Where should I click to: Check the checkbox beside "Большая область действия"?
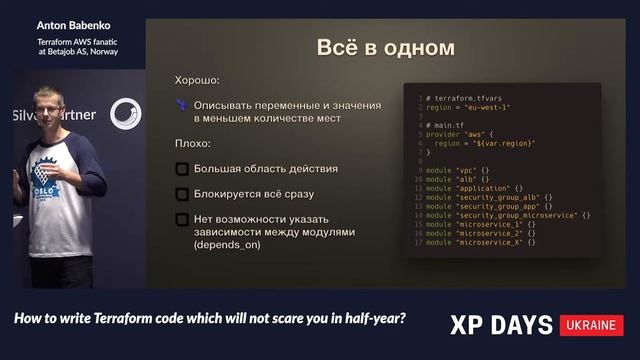182,169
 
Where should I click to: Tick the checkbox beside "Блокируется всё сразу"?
182,194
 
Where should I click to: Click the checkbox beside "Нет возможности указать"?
182,219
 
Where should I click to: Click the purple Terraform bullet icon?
181,104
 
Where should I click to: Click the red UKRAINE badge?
592,325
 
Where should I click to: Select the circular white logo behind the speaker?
125,114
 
